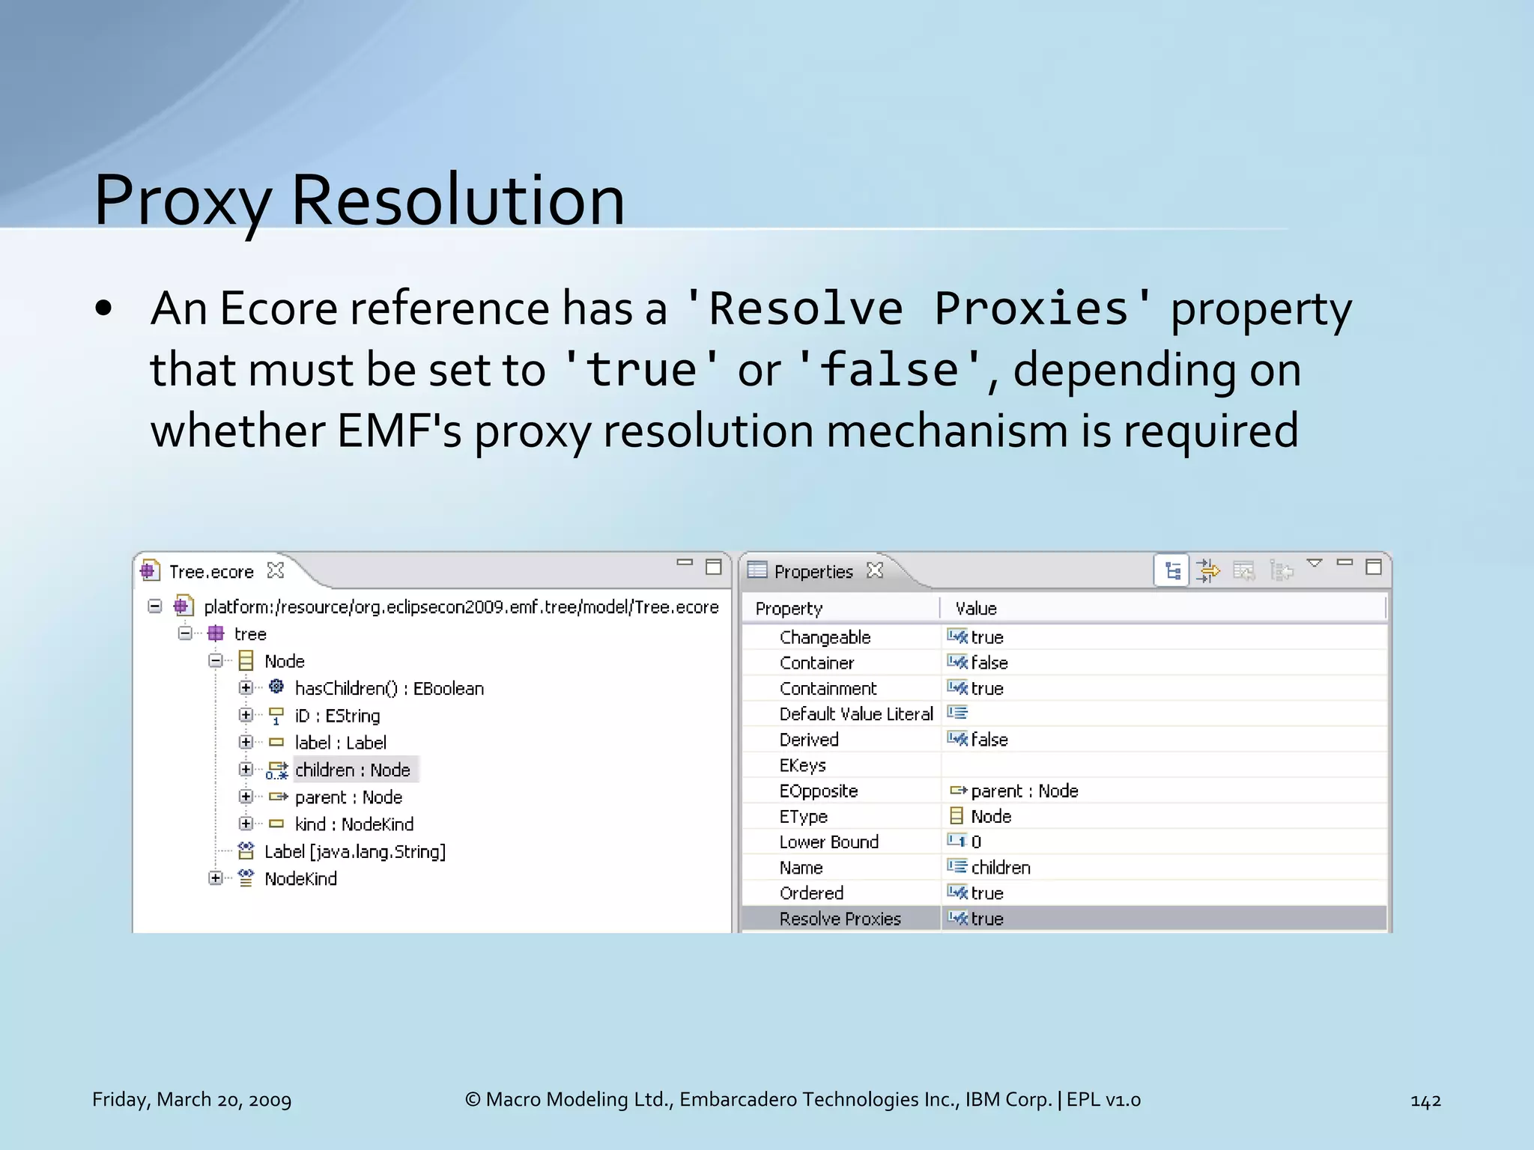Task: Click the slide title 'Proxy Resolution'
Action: coord(359,200)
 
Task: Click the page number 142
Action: coord(1425,1101)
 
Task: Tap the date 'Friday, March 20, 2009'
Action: coord(192,1100)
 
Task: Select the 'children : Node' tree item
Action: coord(352,770)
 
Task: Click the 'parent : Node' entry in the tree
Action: coord(348,797)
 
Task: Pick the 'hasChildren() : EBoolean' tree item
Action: coord(389,689)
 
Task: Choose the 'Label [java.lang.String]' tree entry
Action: coord(355,852)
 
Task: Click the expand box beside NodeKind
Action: coord(216,878)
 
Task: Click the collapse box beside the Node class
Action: coord(216,660)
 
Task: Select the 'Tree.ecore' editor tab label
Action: coord(211,572)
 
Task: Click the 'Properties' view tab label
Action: coord(813,572)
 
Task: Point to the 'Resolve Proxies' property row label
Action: coord(840,919)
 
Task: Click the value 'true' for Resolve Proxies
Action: coord(987,919)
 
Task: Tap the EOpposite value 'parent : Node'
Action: coord(1024,791)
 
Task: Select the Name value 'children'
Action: coord(1001,868)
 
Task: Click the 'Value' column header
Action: coord(976,609)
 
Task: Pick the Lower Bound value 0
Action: coord(976,842)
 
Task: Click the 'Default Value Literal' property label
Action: coord(856,714)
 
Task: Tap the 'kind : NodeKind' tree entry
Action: coord(354,824)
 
